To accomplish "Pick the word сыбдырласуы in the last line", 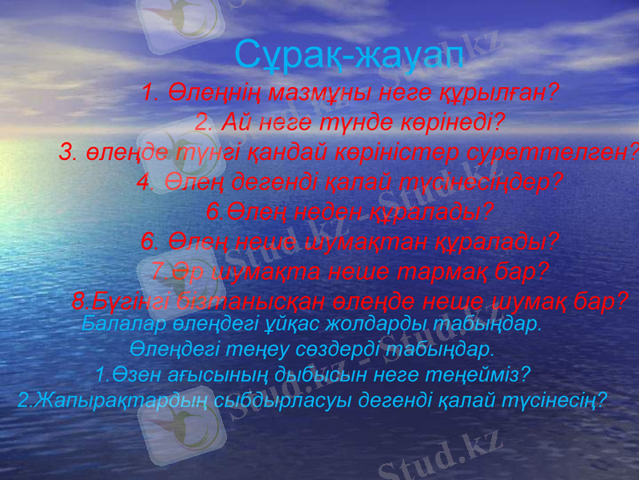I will click(268, 398).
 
